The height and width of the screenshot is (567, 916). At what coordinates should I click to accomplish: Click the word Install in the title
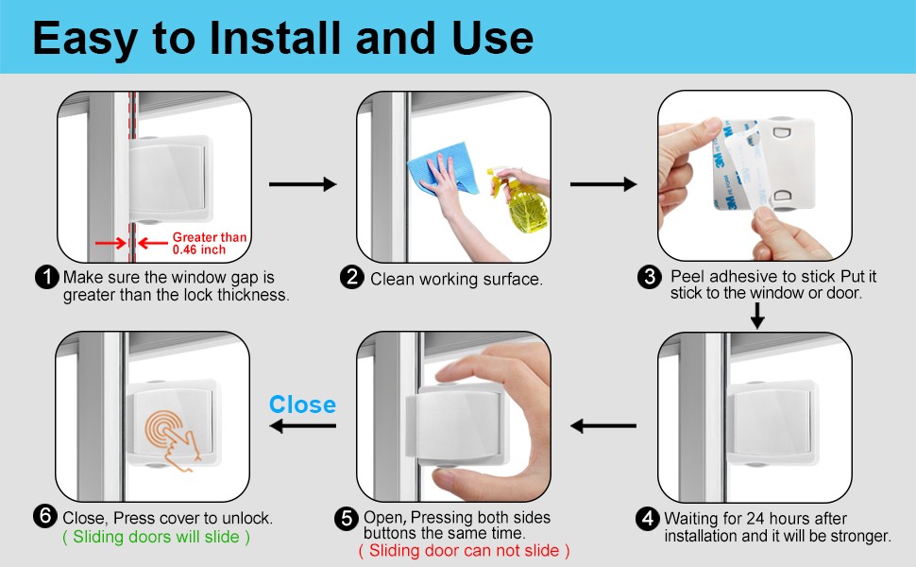coord(274,38)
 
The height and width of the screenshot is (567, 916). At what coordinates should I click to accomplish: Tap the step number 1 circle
coord(46,277)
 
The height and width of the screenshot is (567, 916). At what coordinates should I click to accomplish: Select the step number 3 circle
coord(650,277)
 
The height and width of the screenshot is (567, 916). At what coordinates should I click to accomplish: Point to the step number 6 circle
coord(45,517)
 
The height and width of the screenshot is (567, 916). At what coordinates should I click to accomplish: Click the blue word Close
coord(302,404)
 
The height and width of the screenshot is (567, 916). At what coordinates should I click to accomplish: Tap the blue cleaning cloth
coord(444,169)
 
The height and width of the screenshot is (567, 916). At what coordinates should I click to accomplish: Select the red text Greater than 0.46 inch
coord(209,243)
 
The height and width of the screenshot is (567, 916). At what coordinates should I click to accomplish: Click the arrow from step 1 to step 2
coord(302,184)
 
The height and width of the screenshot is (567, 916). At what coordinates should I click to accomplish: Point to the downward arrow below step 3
coord(757,315)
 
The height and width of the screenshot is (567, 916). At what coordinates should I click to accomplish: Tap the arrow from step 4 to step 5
coord(602,426)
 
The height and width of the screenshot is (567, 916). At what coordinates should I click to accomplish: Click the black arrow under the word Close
coord(302,425)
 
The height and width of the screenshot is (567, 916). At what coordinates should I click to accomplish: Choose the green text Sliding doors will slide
coord(156,537)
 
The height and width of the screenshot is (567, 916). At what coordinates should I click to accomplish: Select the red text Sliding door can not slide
coord(464,550)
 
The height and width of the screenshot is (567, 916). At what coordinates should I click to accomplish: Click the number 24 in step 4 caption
coord(755,519)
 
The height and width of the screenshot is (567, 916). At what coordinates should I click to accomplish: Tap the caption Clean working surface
coord(456,280)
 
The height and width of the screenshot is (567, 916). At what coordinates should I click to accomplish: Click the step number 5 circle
coord(347,519)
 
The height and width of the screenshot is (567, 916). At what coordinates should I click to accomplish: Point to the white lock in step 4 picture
coord(771,422)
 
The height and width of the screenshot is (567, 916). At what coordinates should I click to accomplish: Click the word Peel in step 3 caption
coord(688,276)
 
